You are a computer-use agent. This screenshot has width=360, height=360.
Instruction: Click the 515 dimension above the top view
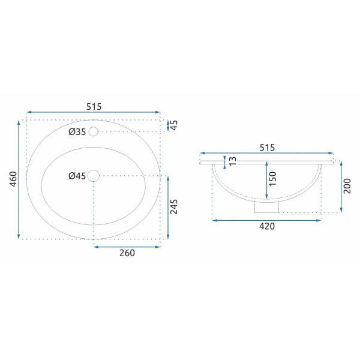point(93,106)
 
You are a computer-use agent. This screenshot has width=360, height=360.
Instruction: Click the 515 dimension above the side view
point(266,147)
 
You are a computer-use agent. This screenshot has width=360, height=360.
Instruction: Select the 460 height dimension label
point(13,179)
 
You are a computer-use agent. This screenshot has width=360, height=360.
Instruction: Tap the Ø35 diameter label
point(77,132)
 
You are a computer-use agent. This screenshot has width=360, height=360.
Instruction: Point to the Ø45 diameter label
point(77,176)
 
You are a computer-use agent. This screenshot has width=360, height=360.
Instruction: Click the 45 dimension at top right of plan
point(174,125)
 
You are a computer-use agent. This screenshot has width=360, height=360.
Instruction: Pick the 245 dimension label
point(174,206)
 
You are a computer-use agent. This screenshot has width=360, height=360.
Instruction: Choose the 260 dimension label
point(127,253)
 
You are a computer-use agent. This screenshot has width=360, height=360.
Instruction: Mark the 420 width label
point(266,226)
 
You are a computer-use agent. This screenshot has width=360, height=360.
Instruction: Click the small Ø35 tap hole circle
point(93,131)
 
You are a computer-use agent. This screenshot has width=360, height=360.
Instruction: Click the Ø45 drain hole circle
point(93,175)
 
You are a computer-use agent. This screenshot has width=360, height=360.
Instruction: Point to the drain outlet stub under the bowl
point(267,207)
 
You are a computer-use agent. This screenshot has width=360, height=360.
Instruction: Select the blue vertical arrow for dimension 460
point(20,179)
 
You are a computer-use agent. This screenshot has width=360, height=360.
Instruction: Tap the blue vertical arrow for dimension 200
point(340,186)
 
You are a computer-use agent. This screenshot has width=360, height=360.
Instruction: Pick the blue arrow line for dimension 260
point(127,245)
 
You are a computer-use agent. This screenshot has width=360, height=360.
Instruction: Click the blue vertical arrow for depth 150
point(266,180)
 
